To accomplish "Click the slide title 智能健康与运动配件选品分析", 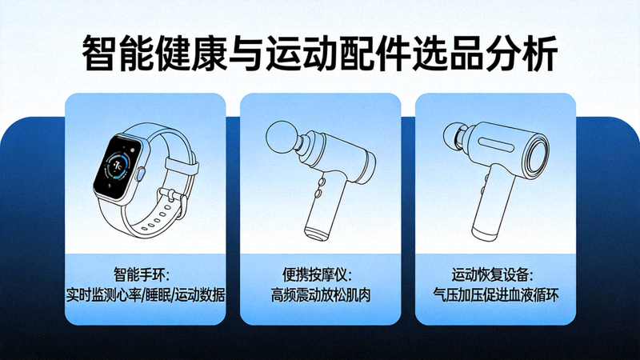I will tap(320, 54).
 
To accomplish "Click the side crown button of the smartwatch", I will tap(140, 174).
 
